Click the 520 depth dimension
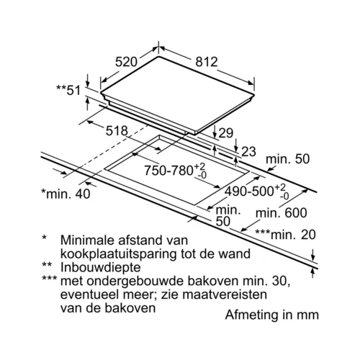(126, 62)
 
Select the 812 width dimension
(207, 62)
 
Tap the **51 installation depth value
(68, 90)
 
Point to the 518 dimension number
(117, 131)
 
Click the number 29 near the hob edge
(226, 133)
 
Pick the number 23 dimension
(248, 152)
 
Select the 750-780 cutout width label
(175, 171)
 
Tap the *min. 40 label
(66, 194)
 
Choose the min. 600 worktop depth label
(282, 213)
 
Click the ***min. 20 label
(285, 235)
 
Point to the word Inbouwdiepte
(101, 268)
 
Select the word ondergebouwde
(135, 282)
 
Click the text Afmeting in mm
(272, 315)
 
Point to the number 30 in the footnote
(282, 282)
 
